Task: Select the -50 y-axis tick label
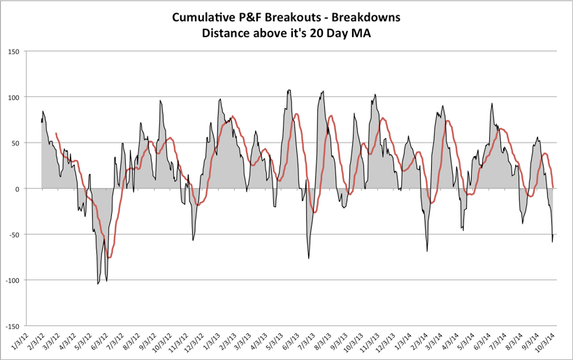pos(14,234)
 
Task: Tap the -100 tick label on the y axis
pos(13,280)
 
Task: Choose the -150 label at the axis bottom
pos(13,326)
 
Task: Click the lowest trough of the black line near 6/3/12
pos(98,283)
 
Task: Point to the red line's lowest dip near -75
pos(108,258)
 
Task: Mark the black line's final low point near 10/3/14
pos(553,242)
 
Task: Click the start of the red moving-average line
pos(56,133)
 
